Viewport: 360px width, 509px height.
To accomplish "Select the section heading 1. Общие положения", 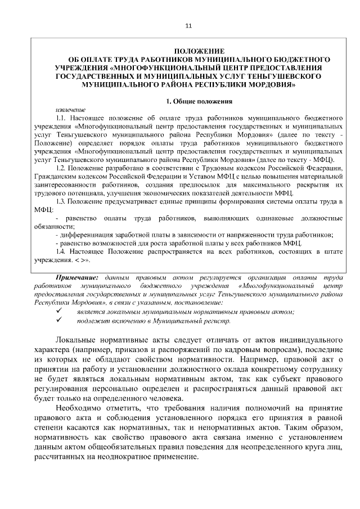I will coord(199,101).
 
